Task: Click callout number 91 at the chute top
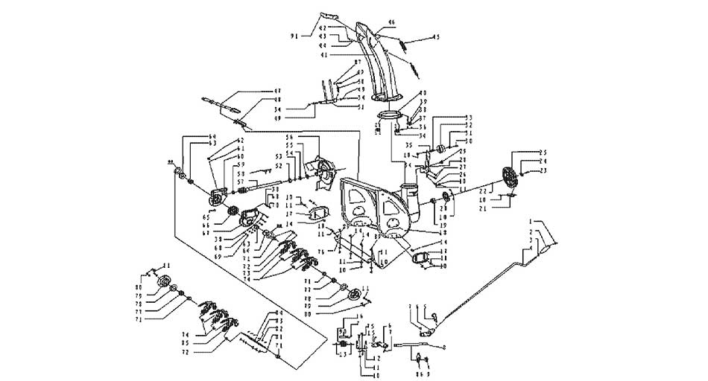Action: point(294,35)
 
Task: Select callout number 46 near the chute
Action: point(392,22)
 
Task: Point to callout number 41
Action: point(323,54)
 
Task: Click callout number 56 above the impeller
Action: point(291,138)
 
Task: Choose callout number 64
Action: point(192,136)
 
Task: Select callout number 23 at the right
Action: point(543,171)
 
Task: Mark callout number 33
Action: point(469,118)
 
